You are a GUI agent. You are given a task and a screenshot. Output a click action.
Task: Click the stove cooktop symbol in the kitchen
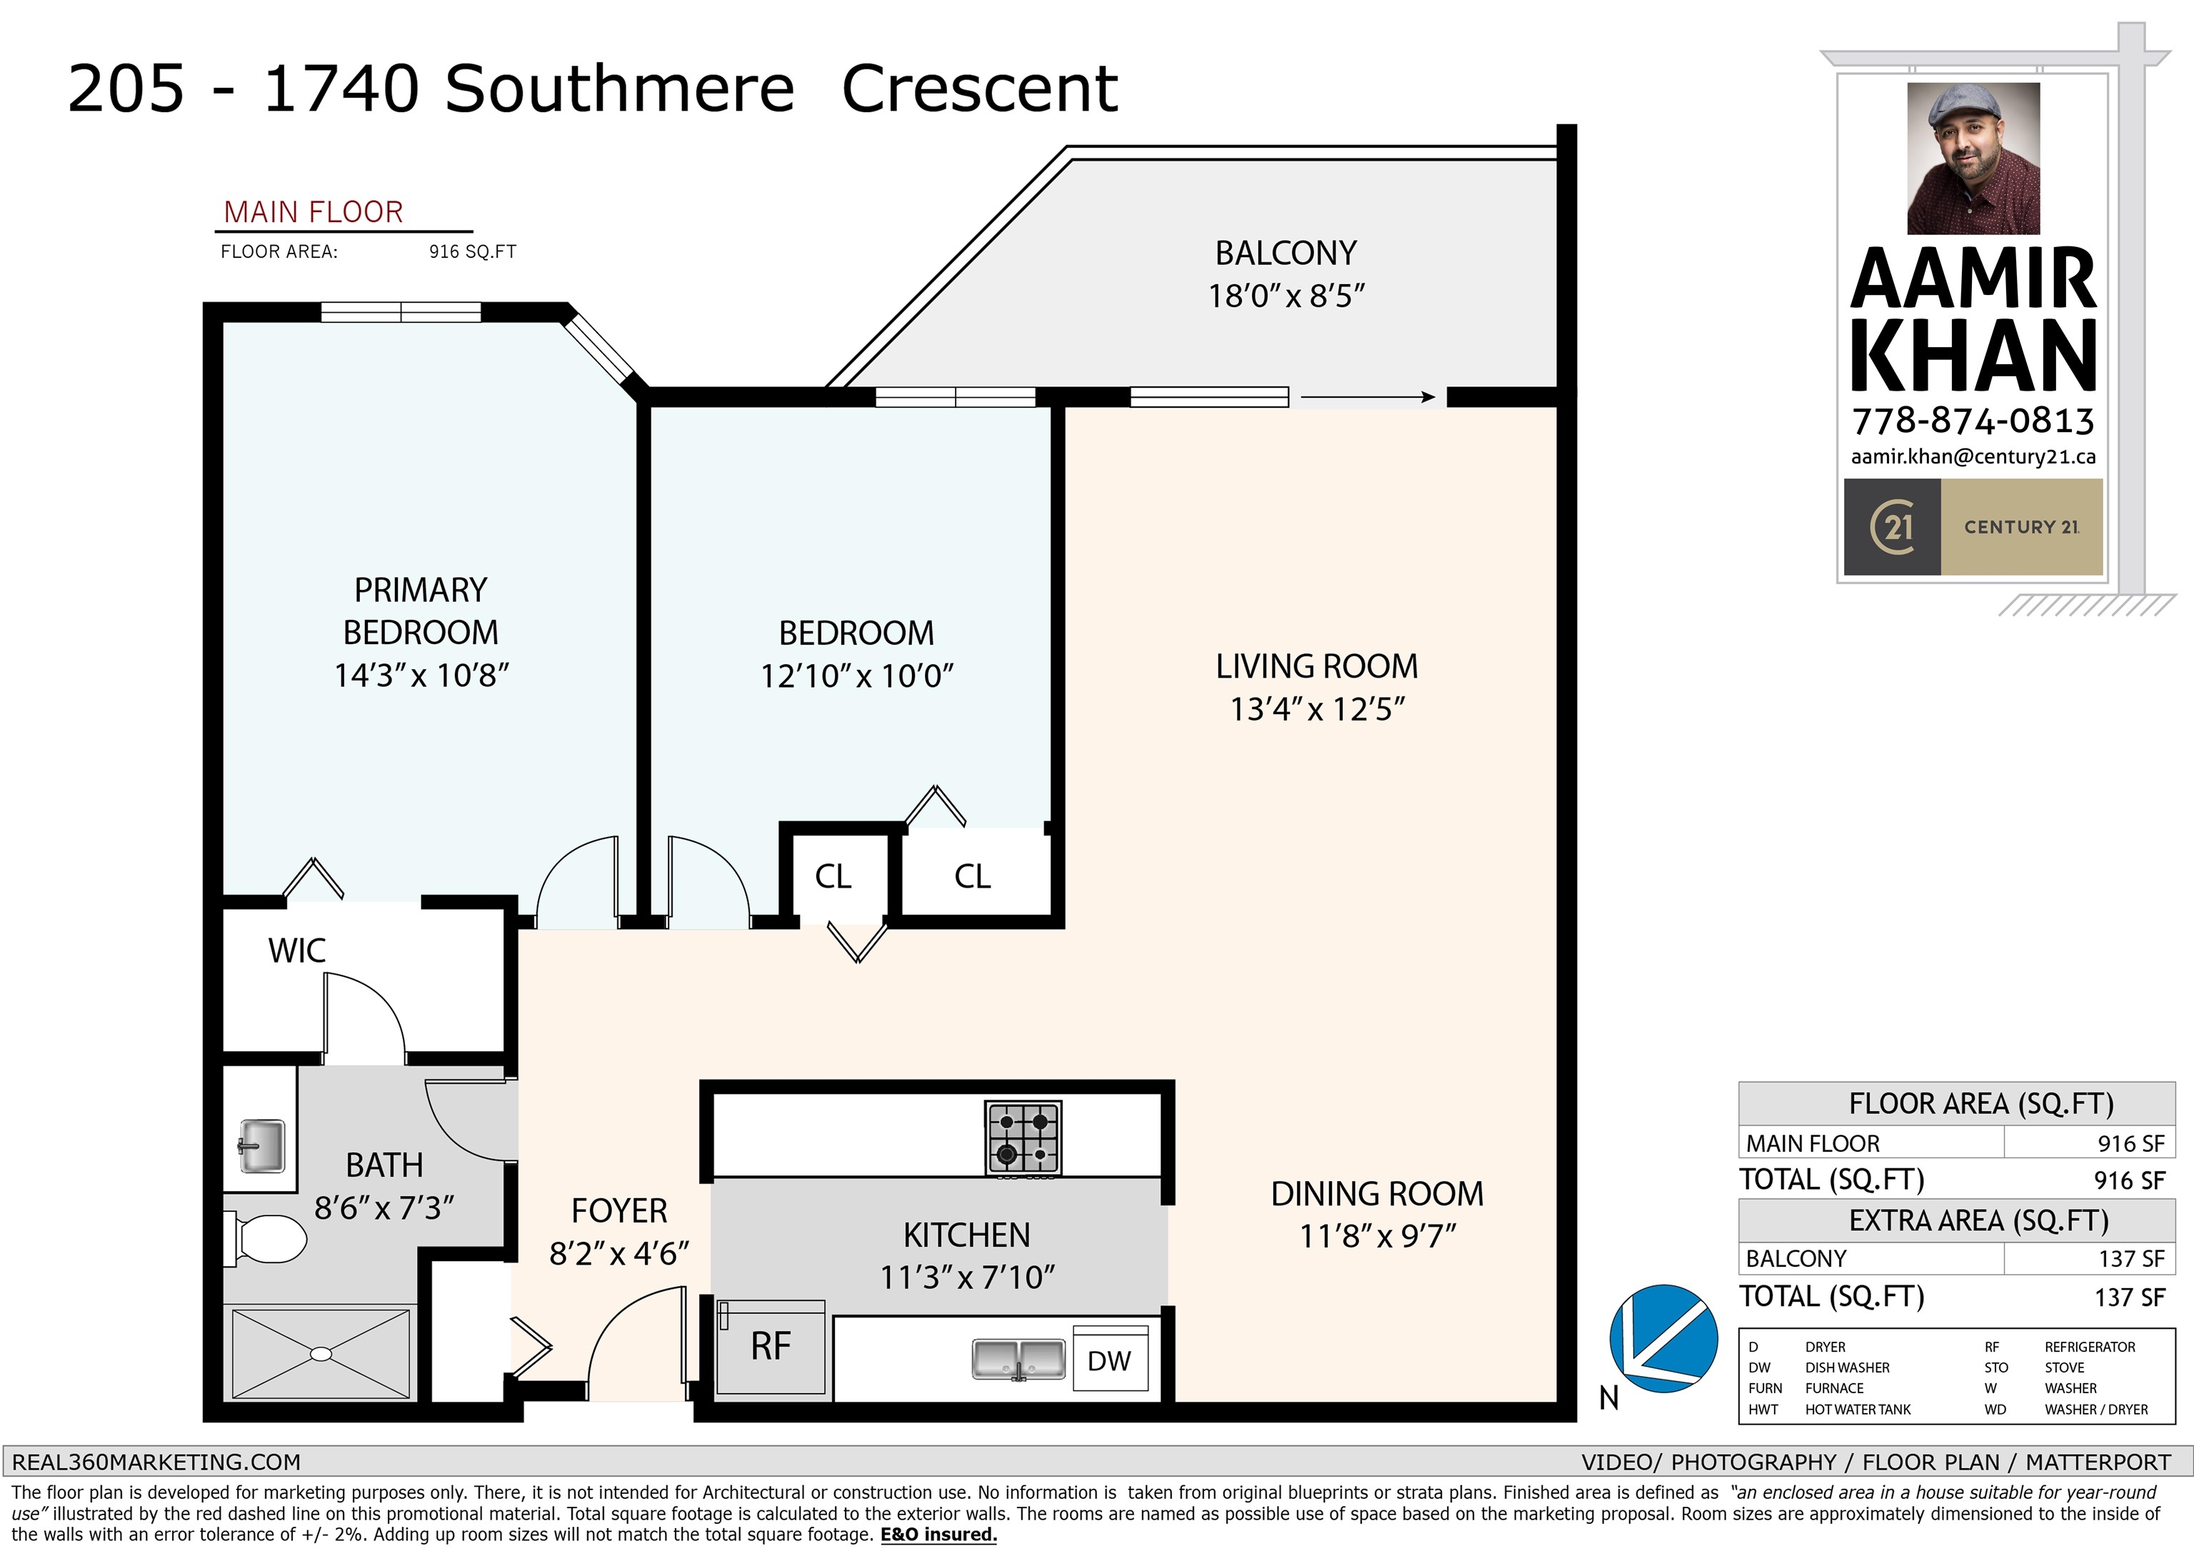pyautogui.click(x=1023, y=1138)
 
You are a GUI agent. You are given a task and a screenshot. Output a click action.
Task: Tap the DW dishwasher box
pyautogui.click(x=1109, y=1360)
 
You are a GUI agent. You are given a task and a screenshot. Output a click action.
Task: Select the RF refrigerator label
pyautogui.click(x=770, y=1347)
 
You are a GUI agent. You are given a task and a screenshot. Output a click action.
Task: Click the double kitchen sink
pyautogui.click(x=1018, y=1359)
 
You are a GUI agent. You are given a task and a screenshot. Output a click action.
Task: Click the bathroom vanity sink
pyautogui.click(x=261, y=1146)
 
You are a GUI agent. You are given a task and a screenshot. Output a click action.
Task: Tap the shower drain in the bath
pyautogui.click(x=321, y=1354)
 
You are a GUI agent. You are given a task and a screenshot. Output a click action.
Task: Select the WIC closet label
pyautogui.click(x=296, y=951)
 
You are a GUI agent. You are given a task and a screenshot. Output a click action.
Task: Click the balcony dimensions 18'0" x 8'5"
pyautogui.click(x=1286, y=296)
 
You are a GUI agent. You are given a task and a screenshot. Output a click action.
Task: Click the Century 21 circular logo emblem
pyautogui.click(x=1891, y=526)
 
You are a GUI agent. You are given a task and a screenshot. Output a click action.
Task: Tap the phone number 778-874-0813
pyautogui.click(x=1973, y=421)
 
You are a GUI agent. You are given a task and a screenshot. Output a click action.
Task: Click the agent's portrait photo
pyautogui.click(x=1973, y=158)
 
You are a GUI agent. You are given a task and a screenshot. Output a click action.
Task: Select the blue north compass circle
pyautogui.click(x=1663, y=1338)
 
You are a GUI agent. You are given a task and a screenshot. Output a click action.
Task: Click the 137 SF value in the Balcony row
pyautogui.click(x=2130, y=1258)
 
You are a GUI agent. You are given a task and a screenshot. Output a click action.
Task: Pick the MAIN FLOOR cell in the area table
pyautogui.click(x=1812, y=1143)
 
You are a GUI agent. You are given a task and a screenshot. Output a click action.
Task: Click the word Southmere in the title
pyautogui.click(x=619, y=89)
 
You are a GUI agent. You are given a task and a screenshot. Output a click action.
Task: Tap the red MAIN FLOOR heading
pyautogui.click(x=314, y=212)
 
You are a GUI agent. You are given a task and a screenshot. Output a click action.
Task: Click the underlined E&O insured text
pyautogui.click(x=938, y=1535)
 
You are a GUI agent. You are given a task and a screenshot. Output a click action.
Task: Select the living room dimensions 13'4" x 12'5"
pyautogui.click(x=1317, y=709)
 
